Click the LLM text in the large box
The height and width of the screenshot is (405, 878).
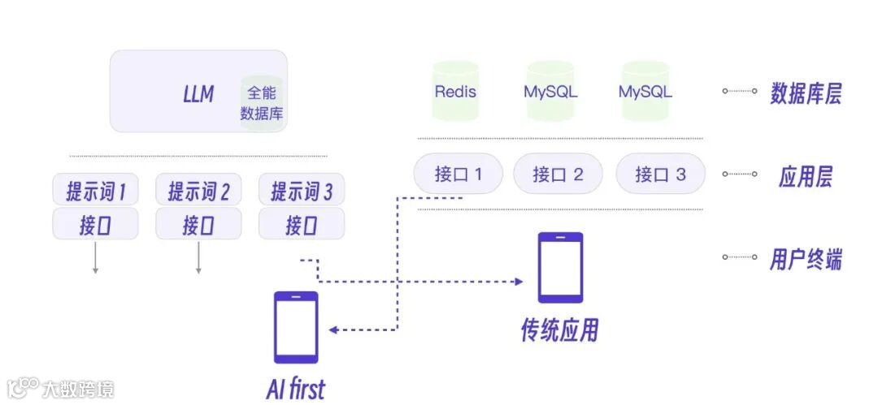point(198,94)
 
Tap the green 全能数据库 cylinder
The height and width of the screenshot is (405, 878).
point(262,102)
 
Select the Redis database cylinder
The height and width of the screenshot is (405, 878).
point(455,91)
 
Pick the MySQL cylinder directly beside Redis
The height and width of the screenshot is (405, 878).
point(550,91)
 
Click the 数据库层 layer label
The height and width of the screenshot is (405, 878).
point(805,94)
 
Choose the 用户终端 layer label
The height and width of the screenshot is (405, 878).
point(805,259)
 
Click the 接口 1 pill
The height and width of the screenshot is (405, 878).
point(459,174)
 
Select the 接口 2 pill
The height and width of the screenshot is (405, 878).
point(559,174)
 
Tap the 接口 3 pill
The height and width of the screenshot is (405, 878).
point(660,174)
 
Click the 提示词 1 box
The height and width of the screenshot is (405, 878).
point(96,192)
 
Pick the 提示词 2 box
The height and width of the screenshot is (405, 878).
point(198,192)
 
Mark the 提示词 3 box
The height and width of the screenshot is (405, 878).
point(301,192)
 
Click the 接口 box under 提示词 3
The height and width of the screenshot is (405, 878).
point(301,225)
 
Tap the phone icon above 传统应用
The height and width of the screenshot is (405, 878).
point(560,268)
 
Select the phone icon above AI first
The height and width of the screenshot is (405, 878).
point(296,327)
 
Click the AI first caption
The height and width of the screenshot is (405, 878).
point(295,389)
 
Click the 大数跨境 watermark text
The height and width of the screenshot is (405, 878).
point(78,389)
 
